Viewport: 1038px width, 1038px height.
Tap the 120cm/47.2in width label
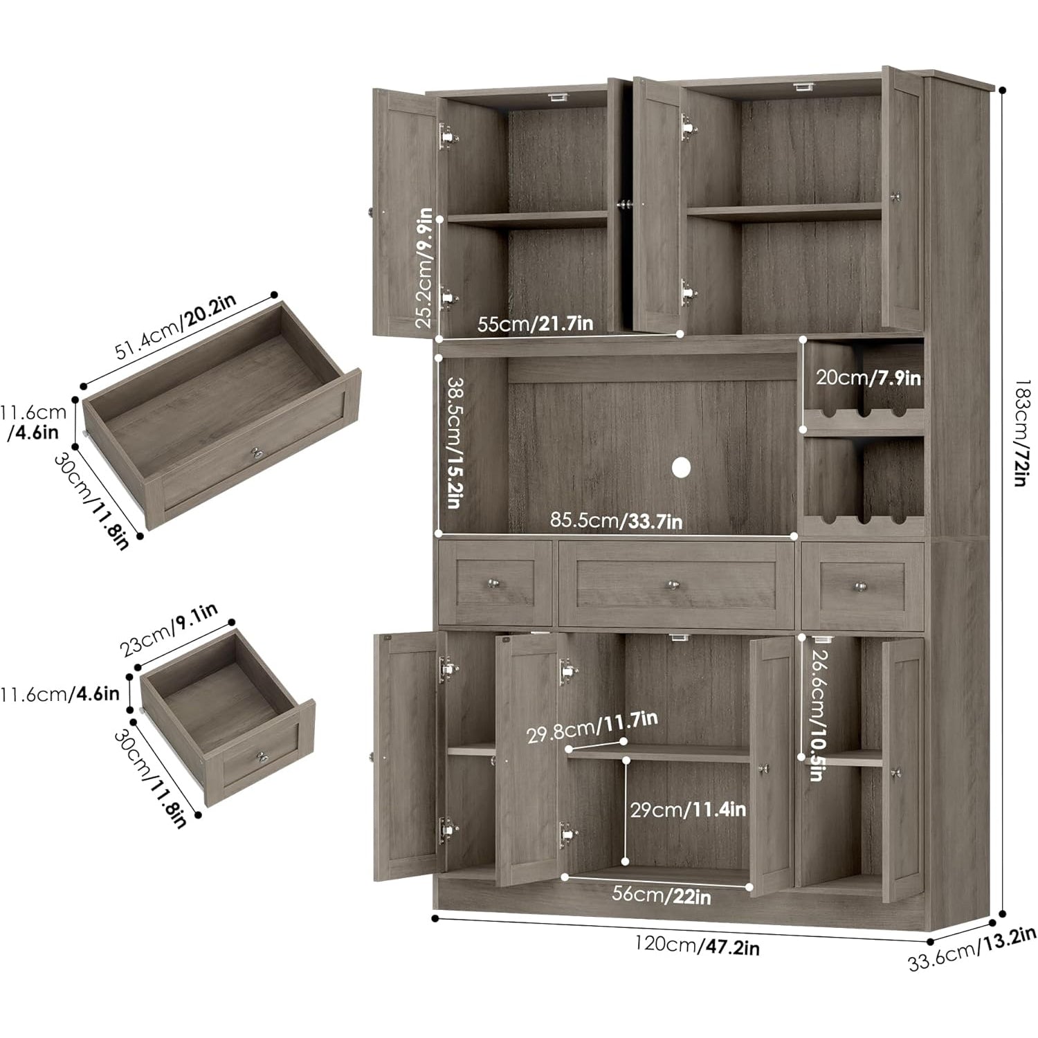pos(698,945)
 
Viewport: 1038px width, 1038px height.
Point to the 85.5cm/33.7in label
pos(616,520)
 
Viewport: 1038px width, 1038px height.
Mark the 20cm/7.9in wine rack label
pos(868,378)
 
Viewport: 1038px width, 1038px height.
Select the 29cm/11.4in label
pos(688,808)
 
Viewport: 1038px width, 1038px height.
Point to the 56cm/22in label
pos(662,895)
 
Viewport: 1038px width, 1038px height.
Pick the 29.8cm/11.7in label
pos(592,727)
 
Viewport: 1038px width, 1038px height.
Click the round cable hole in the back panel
pos(681,468)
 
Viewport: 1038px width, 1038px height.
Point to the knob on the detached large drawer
pos(257,453)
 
